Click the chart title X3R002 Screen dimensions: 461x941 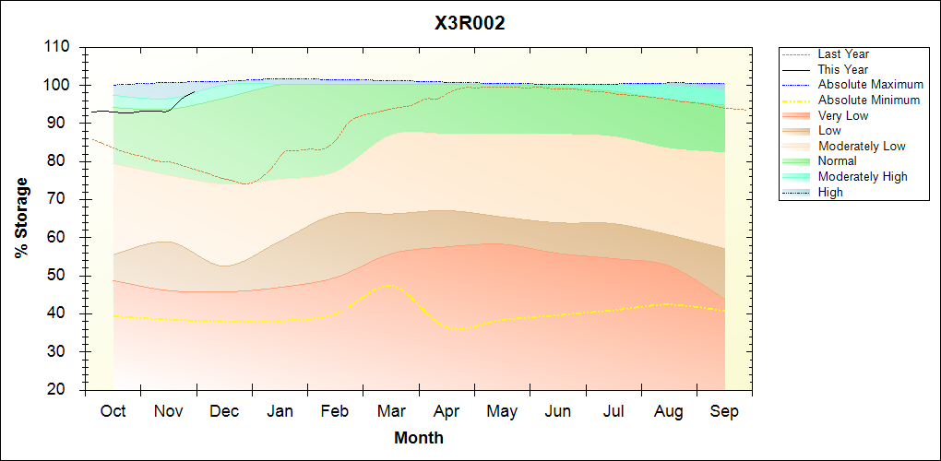pos(470,24)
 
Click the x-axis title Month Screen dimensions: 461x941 pos(419,438)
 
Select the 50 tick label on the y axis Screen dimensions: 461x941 pos(61,276)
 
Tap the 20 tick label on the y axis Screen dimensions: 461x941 pos(61,390)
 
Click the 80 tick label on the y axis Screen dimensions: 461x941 pos(61,161)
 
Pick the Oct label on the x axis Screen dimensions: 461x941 pos(113,412)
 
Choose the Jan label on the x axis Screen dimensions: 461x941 pos(280,412)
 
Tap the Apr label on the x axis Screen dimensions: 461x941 pos(447,412)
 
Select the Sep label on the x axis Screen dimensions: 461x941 pos(724,412)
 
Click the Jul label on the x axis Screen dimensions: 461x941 pos(613,412)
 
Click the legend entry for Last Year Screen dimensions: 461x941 pos(843,54)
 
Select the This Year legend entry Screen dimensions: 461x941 pos(843,69)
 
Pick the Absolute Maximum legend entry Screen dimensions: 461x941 pos(870,85)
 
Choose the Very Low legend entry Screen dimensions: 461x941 pos(843,115)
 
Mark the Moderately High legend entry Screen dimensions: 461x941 pos(863,177)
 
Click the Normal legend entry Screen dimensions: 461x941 pos(837,161)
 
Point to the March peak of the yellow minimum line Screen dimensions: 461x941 pos(388,286)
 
